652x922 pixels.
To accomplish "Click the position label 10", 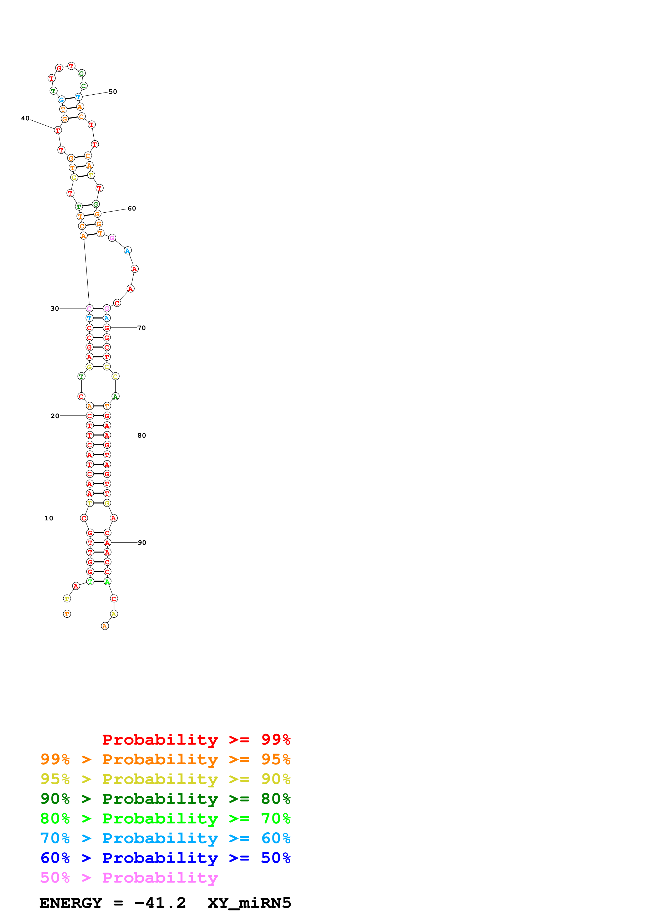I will click(49, 518).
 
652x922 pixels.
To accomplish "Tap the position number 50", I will click(113, 91).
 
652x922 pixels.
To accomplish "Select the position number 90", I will click(142, 542).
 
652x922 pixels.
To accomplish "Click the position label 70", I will click(141, 328).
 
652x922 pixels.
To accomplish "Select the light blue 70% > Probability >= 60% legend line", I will click(165, 838).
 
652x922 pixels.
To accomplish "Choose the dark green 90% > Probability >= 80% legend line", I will click(165, 799).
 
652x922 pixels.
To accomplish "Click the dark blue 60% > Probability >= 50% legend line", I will click(165, 858).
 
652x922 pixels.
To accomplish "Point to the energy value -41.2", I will click(160, 903).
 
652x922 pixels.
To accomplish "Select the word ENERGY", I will click(71, 903).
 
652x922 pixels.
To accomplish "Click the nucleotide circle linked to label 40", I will click(58, 130).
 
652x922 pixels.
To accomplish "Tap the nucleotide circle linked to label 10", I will click(84, 518).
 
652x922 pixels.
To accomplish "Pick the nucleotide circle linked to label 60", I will click(97, 214).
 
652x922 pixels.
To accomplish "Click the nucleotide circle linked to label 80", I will click(107, 435).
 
